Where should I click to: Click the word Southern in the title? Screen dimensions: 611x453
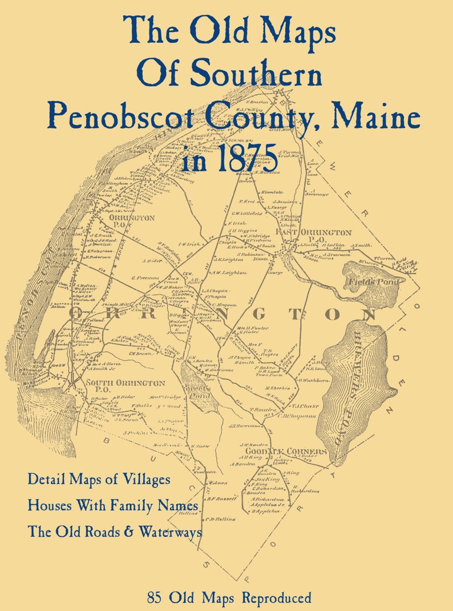pos(255,74)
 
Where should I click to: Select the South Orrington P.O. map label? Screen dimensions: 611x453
pos(125,386)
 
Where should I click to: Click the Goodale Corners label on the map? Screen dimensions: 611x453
pos(282,452)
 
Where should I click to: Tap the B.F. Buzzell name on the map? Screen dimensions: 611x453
pos(222,498)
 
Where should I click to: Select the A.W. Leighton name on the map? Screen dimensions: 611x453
pos(229,272)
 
